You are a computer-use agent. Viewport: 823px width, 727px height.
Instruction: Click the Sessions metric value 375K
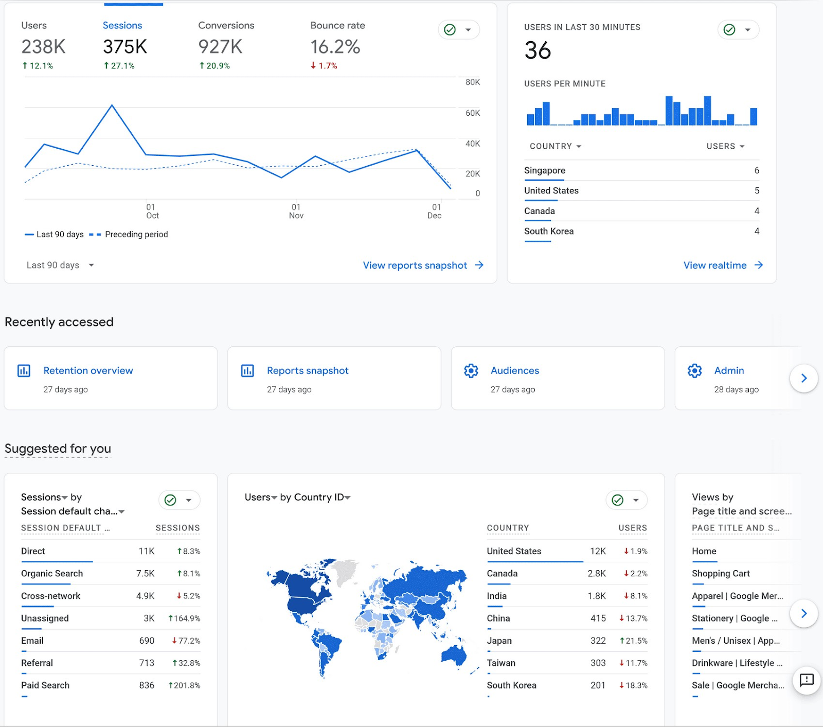(125, 47)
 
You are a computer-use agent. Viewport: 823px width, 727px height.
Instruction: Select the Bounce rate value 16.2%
(335, 47)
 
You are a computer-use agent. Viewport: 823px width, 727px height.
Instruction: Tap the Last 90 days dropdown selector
(60, 265)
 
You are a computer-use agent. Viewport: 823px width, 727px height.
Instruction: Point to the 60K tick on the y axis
(472, 113)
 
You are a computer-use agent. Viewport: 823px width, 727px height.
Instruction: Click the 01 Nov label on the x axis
(296, 211)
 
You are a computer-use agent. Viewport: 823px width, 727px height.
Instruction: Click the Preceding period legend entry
(136, 234)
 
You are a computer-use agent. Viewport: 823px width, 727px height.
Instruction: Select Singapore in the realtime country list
(544, 170)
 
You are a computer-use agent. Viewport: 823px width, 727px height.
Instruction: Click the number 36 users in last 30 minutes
(538, 50)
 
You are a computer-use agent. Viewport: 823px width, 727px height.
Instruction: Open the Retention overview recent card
(88, 370)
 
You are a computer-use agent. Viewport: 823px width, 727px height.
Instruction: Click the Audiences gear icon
(471, 370)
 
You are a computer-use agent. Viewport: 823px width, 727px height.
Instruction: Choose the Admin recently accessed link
(729, 370)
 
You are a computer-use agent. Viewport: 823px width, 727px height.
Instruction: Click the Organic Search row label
(51, 573)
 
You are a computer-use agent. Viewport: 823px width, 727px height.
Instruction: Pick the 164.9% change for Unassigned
(184, 618)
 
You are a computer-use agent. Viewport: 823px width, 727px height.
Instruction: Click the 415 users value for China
(598, 618)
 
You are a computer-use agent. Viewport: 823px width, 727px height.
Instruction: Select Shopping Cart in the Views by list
(720, 573)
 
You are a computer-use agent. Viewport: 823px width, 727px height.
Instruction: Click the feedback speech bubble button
(806, 680)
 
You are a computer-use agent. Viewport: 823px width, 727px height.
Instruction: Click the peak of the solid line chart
(112, 105)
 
